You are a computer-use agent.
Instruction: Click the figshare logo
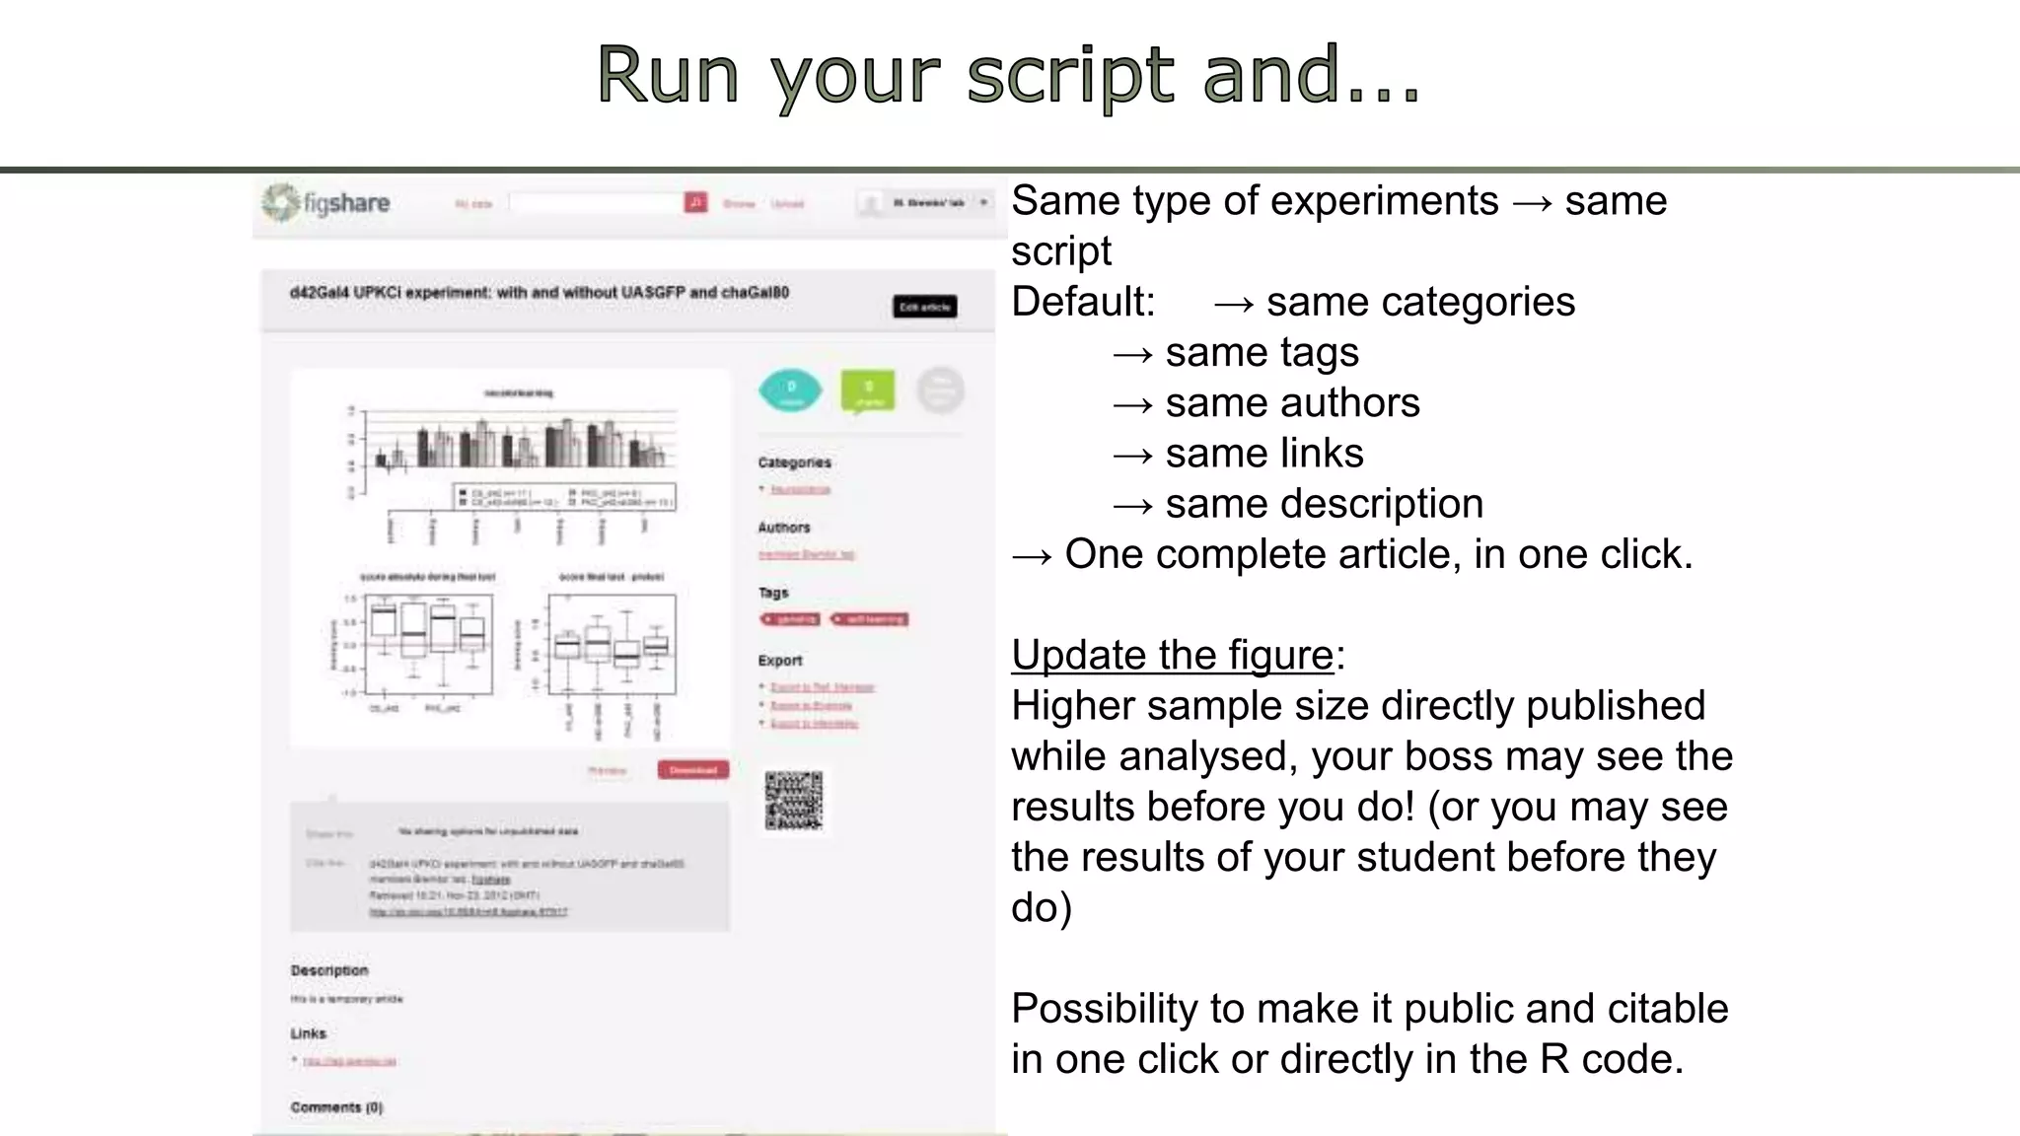(326, 203)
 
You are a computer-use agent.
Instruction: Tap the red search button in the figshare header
(695, 202)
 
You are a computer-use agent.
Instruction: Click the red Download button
(693, 770)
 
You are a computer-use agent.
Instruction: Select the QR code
(794, 800)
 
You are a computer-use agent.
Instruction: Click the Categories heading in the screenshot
(794, 462)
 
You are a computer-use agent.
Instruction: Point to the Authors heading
(784, 528)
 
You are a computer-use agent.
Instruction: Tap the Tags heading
(773, 593)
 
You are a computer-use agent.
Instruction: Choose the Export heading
(780, 661)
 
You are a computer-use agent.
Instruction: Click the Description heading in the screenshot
(329, 970)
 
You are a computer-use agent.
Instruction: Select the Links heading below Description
(308, 1033)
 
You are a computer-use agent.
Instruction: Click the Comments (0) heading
(336, 1107)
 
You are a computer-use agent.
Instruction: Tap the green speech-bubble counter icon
(868, 391)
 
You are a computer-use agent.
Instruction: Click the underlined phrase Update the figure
(1172, 655)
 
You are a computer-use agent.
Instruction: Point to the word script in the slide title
(1070, 75)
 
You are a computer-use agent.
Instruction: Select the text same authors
(1292, 402)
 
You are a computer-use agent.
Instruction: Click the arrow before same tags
(1132, 353)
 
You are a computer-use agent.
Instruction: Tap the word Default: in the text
(1083, 302)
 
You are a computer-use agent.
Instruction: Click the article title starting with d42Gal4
(540, 293)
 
